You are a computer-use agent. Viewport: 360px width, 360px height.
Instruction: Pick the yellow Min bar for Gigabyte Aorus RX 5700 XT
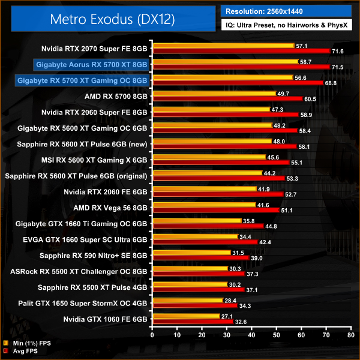click(x=226, y=61)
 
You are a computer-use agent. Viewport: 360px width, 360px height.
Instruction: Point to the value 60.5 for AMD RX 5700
click(x=310, y=99)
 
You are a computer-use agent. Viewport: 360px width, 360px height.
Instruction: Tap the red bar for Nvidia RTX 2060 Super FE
click(x=226, y=115)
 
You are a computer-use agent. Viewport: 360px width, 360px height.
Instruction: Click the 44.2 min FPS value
click(x=269, y=173)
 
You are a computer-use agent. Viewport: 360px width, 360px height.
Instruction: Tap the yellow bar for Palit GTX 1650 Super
click(x=188, y=299)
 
